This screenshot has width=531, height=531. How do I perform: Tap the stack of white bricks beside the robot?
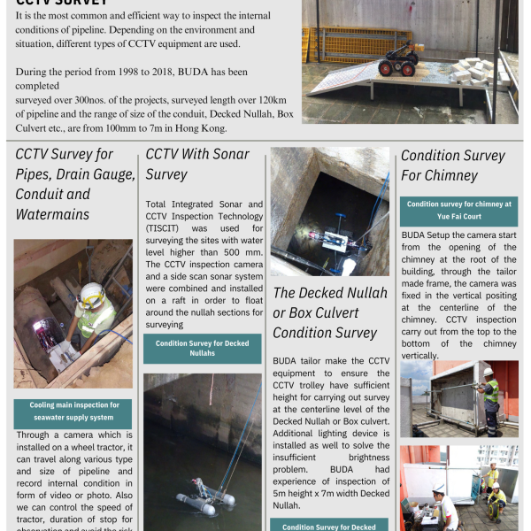469,72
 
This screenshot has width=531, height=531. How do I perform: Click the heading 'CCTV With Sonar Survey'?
196,164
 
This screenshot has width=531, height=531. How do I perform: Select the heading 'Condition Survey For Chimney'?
452,165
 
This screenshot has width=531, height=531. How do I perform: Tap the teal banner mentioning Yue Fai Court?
458,211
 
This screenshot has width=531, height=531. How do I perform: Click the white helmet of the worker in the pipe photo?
90,295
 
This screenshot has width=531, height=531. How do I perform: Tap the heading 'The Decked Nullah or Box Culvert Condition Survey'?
329,312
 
